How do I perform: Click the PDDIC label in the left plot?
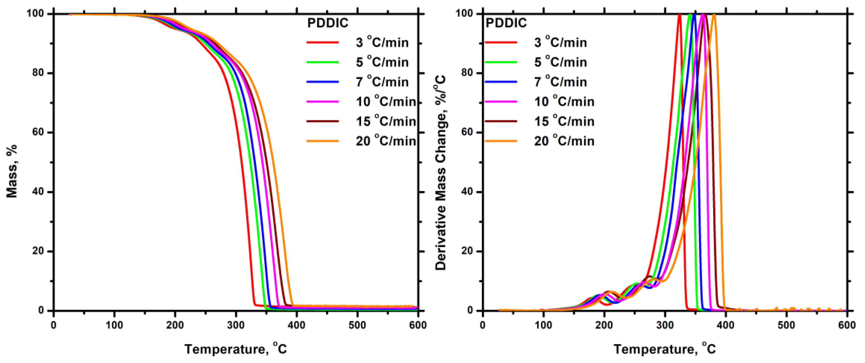328,23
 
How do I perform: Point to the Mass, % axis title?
11,171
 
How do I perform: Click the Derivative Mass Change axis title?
441,173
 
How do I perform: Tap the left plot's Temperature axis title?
236,349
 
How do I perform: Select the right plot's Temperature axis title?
665,349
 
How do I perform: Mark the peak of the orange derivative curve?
714,15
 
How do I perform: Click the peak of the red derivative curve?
679,15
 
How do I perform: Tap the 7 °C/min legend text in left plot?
382,82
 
